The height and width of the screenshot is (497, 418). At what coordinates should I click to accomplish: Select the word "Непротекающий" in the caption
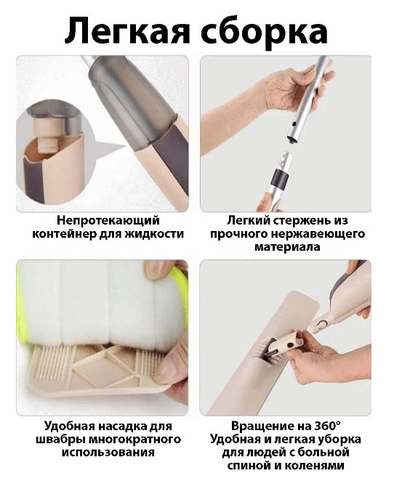point(108,220)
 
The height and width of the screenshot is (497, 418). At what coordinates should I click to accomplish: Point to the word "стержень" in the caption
point(301,221)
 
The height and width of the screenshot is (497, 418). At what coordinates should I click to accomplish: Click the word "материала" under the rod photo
point(287,247)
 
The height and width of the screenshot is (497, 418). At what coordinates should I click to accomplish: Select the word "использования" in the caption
point(108,452)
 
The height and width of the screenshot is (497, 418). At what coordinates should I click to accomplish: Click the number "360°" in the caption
point(327,426)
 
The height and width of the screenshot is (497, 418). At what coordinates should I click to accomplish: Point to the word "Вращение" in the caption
point(262,427)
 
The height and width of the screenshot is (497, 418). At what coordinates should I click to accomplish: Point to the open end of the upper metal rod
point(293,139)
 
